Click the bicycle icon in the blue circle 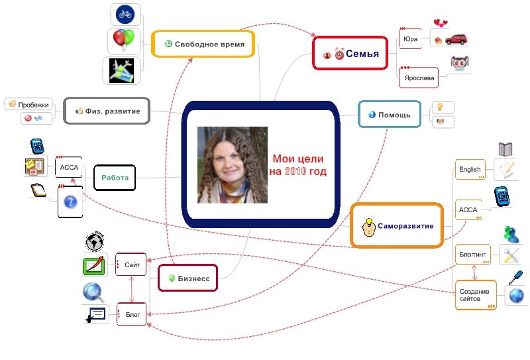tap(125, 14)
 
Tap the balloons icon tap(124, 40)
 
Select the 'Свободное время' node tap(203, 44)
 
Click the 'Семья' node tap(350, 54)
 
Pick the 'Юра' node tap(410, 39)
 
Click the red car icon tap(456, 39)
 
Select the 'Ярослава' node tap(419, 78)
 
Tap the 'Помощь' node tap(390, 114)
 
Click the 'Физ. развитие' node tap(107, 111)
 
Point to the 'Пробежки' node tap(28, 104)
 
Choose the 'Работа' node tap(115, 178)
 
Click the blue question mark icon tap(70, 202)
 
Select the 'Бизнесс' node tap(188, 278)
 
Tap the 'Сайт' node tap(131, 265)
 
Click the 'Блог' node tap(132, 314)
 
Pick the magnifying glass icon tap(93, 292)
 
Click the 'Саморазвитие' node tap(397, 225)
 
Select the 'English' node tap(470, 169)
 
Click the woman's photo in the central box tap(233, 165)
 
